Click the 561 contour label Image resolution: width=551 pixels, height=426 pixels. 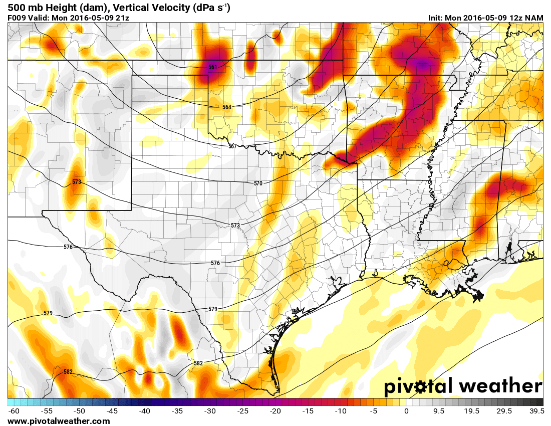click(x=213, y=67)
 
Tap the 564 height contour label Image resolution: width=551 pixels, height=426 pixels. click(x=227, y=107)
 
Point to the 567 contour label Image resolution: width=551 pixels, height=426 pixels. click(x=232, y=146)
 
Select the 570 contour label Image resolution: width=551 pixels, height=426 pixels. click(x=258, y=183)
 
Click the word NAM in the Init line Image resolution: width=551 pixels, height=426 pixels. click(x=533, y=18)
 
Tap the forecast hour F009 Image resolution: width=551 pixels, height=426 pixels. click(x=17, y=18)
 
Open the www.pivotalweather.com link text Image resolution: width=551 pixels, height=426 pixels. click(x=59, y=421)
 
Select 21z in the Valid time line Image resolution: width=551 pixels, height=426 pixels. click(x=123, y=18)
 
